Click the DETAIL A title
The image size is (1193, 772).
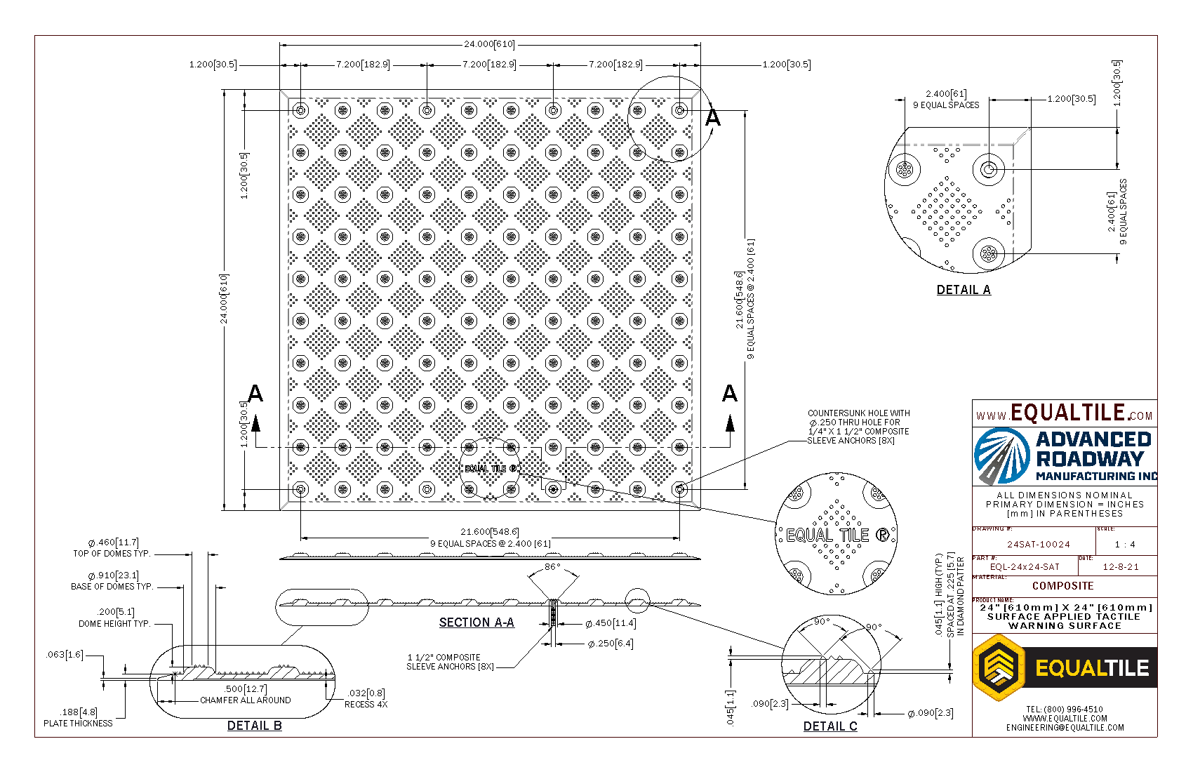coord(963,290)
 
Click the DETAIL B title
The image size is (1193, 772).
coord(254,726)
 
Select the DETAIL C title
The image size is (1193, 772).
coord(829,726)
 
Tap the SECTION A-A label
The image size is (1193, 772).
coord(476,623)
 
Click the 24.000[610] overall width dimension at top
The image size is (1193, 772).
coord(489,44)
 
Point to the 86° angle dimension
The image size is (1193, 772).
coord(553,567)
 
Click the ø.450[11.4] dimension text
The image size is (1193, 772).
coord(611,623)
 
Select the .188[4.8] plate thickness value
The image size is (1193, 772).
coord(79,712)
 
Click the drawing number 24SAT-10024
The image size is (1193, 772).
coord(1039,544)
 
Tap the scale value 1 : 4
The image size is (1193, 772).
coord(1125,544)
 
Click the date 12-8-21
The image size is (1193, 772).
coord(1121,566)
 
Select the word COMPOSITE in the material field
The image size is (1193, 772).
coord(1062,586)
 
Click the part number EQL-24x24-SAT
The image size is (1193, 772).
coord(1025,566)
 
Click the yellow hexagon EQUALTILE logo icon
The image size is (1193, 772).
coord(998,667)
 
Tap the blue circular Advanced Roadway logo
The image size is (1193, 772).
coord(1002,455)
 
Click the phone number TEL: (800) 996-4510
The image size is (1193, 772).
coord(1064,710)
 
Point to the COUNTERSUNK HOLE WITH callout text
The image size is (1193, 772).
coord(858,413)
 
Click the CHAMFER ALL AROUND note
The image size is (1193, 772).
coord(245,700)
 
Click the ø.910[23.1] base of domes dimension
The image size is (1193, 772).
coord(114,575)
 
